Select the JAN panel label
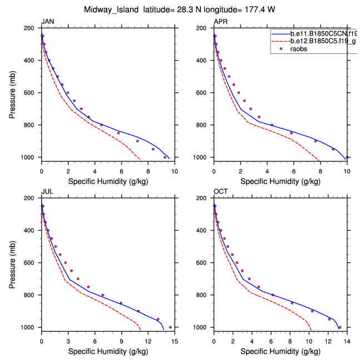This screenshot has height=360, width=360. (48, 22)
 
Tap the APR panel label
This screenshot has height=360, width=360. (221, 22)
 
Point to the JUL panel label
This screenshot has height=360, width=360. (47, 192)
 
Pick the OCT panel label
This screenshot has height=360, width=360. (221, 192)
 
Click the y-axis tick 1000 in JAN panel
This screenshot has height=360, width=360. (30, 158)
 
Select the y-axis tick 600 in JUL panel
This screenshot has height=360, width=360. (32, 263)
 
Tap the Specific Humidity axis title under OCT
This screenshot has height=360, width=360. (280, 351)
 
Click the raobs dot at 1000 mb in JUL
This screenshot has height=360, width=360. (170, 327)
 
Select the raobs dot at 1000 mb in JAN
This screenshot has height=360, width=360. (165, 157)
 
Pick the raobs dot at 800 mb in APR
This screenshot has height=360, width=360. (272, 125)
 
